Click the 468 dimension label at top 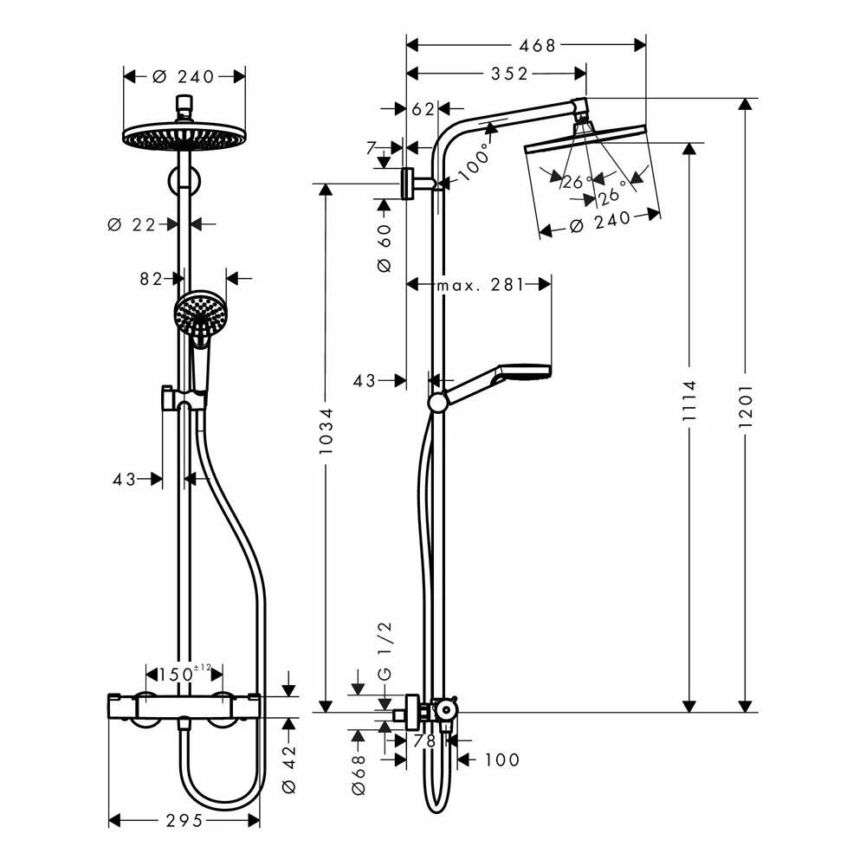point(538,46)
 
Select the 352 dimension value point(509,74)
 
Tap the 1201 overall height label point(746,405)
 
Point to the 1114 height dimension point(689,401)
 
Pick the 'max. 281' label point(480,285)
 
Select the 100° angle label point(474,160)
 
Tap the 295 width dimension point(184,820)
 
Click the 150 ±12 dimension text point(179,673)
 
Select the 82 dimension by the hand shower point(152,279)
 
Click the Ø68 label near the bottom point(359,767)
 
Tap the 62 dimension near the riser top point(423,109)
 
